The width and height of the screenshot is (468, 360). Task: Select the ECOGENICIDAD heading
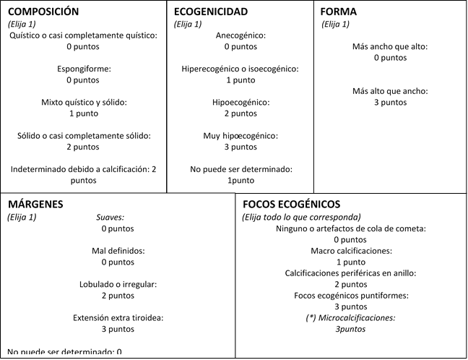point(211,12)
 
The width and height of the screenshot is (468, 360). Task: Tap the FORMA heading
point(339,12)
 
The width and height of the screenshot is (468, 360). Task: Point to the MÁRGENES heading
point(35,205)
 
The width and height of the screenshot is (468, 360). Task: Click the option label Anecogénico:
point(240,35)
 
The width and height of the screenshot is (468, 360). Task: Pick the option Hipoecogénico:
point(240,103)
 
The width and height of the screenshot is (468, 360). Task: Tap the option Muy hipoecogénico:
point(240,136)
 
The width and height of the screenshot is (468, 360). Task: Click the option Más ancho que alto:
point(390,47)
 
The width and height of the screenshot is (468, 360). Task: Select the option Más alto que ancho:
point(390,91)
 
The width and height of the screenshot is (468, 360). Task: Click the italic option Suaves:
point(110,217)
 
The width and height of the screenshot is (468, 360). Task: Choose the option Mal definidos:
point(118,251)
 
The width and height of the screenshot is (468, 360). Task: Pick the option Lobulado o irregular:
point(118,284)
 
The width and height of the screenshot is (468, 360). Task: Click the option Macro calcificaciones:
point(350,251)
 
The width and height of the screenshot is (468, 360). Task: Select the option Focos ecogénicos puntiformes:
point(350,296)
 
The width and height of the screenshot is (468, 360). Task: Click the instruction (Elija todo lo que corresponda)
point(301,217)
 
